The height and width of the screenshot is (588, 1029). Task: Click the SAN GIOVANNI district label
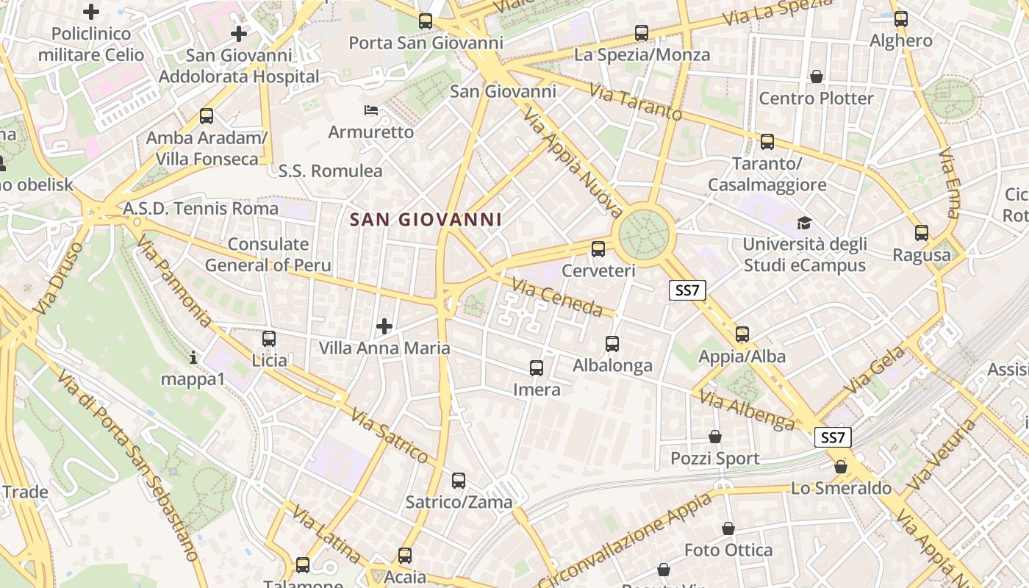coord(426,219)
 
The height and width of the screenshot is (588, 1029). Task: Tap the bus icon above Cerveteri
coord(598,248)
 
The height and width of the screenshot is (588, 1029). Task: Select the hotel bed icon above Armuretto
coord(372,111)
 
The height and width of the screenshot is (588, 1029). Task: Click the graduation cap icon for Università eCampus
coord(805,223)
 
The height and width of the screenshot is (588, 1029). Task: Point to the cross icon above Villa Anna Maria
coord(384,326)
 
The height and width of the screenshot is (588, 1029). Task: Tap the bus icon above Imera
coord(537,368)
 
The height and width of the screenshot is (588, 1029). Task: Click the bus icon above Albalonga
coord(612,343)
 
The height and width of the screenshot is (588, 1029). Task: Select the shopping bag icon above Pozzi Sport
coord(714,437)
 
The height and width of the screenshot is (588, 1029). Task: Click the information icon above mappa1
coord(193,357)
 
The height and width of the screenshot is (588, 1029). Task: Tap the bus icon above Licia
coord(269,339)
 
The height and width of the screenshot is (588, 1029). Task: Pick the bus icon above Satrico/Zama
coord(459,481)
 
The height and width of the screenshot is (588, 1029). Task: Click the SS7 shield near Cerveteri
coord(687,290)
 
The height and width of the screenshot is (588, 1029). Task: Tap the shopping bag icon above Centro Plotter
coord(816,76)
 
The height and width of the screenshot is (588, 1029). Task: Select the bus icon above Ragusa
coord(922,233)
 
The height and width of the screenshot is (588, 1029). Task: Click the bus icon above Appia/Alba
coord(742,334)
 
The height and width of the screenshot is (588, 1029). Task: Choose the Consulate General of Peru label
coord(268,254)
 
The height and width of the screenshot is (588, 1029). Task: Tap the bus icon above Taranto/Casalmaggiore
coord(767,142)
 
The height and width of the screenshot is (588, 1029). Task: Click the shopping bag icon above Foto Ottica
coord(728,528)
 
